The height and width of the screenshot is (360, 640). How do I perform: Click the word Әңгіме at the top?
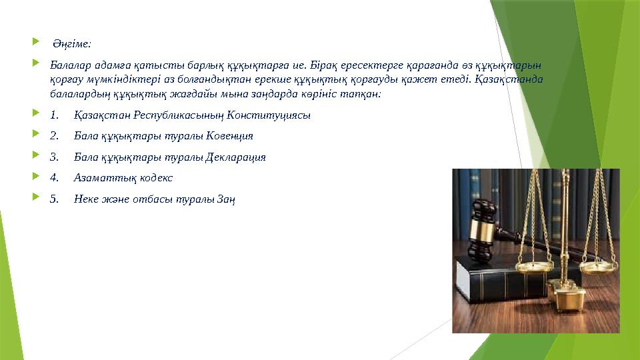(x=72, y=45)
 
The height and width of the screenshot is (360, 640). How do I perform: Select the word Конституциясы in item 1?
(x=269, y=115)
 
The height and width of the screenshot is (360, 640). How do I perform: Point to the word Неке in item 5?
(x=85, y=199)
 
